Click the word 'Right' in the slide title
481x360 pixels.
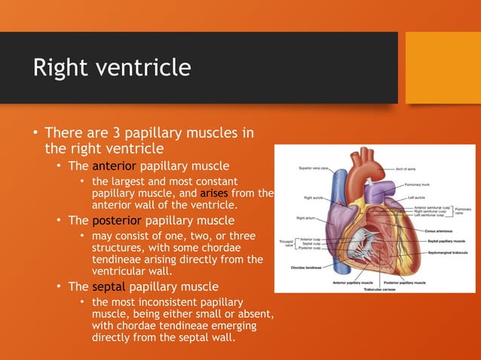pyautogui.click(x=60, y=69)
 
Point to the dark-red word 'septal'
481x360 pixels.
pyautogui.click(x=109, y=286)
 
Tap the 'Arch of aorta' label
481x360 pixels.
pyautogui.click(x=410, y=169)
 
